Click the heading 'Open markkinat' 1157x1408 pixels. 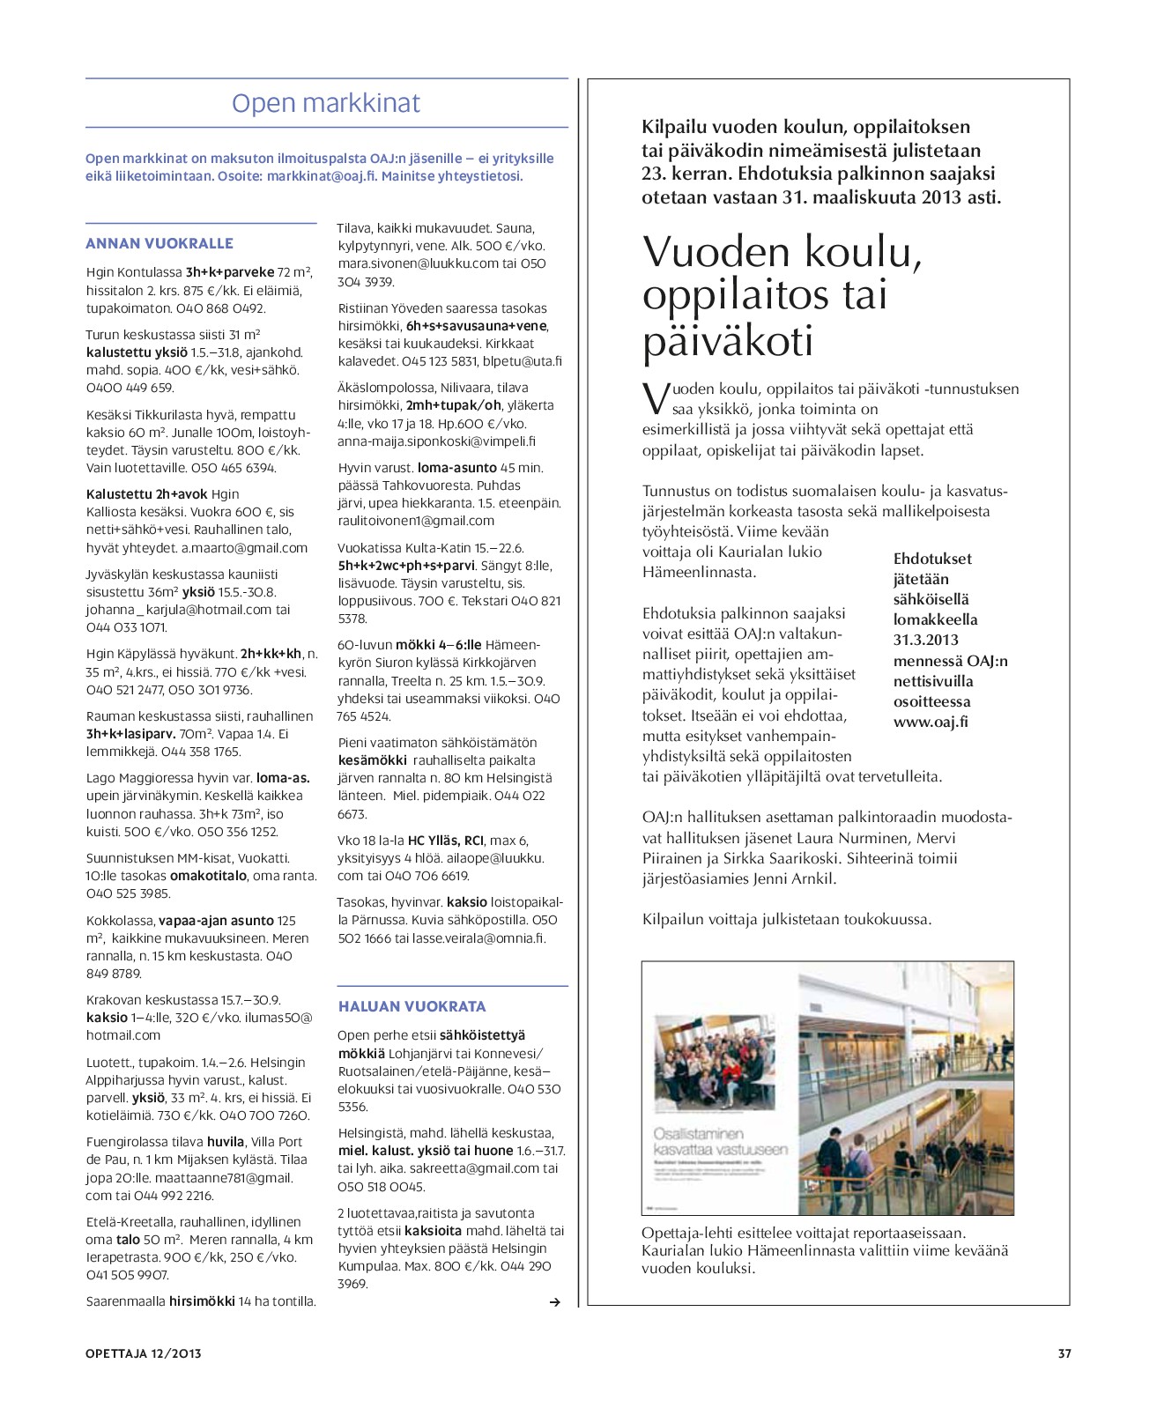point(326,103)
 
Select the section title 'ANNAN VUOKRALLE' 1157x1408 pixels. point(159,243)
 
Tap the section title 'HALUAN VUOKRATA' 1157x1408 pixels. point(412,1006)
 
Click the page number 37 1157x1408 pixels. point(1064,1353)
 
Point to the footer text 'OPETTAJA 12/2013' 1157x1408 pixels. point(144,1353)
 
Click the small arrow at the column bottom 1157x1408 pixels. point(554,1302)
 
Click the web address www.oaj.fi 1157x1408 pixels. point(931,722)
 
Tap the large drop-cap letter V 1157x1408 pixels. point(656,398)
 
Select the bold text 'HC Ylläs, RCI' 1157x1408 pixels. point(446,841)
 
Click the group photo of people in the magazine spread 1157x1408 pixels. point(715,1063)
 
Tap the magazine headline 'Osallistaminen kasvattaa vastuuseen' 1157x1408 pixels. point(720,1142)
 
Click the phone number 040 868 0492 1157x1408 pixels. point(220,308)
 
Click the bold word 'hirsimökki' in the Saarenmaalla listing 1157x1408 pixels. point(202,1301)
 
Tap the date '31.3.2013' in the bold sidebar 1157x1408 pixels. point(925,640)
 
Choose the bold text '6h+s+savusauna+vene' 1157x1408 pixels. point(476,326)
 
